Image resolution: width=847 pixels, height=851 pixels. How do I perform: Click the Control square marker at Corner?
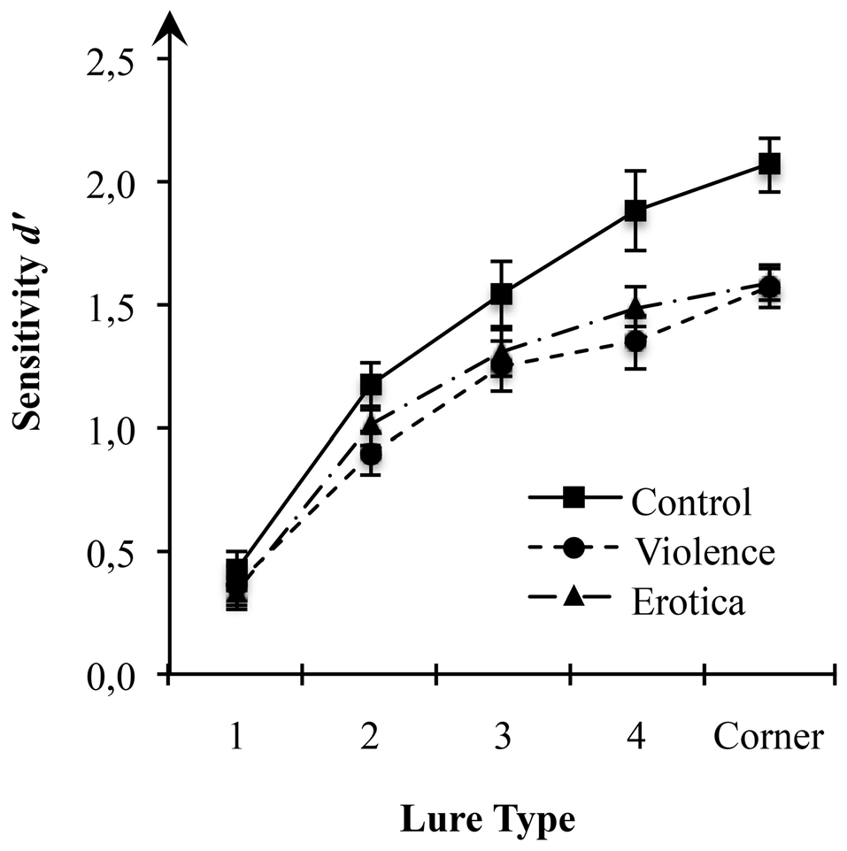coord(769,165)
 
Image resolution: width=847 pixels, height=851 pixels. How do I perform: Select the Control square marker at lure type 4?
coord(635,211)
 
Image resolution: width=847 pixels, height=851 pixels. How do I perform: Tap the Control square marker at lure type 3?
coord(502,293)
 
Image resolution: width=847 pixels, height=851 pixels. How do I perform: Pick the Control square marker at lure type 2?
coord(371,385)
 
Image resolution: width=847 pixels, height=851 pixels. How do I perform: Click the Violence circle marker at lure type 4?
coord(635,341)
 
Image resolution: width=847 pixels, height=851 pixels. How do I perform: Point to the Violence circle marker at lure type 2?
coord(371,456)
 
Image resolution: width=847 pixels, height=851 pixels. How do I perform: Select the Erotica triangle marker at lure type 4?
coord(635,308)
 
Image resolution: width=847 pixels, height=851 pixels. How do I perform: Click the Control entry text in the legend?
coord(690,502)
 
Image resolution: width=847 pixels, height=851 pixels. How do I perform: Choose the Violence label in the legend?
coord(705,552)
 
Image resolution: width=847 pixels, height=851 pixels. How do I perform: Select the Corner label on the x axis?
coord(769,736)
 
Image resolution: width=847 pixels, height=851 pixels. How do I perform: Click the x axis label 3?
coord(502,736)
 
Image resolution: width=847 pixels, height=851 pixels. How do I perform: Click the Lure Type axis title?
coord(488,819)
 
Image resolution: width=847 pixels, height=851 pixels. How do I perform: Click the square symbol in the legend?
coord(574,501)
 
